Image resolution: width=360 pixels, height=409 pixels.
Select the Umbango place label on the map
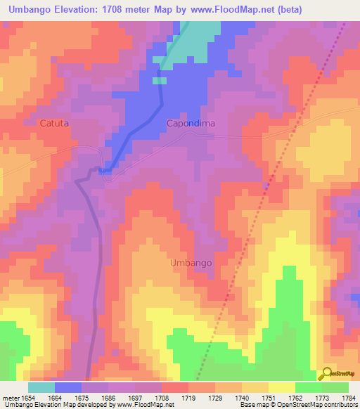point(191,263)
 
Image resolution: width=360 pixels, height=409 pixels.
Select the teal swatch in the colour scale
point(41,387)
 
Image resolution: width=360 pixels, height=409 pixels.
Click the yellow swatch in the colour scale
point(282,387)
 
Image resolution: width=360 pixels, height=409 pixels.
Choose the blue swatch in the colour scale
point(68,387)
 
